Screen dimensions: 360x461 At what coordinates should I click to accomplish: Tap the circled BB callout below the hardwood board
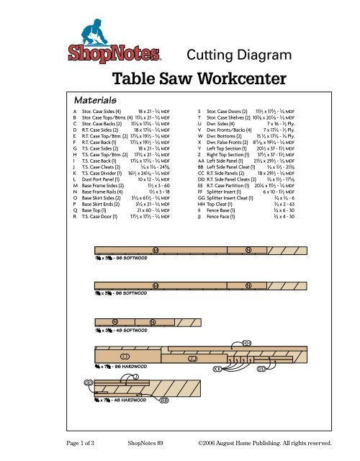click(165, 400)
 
